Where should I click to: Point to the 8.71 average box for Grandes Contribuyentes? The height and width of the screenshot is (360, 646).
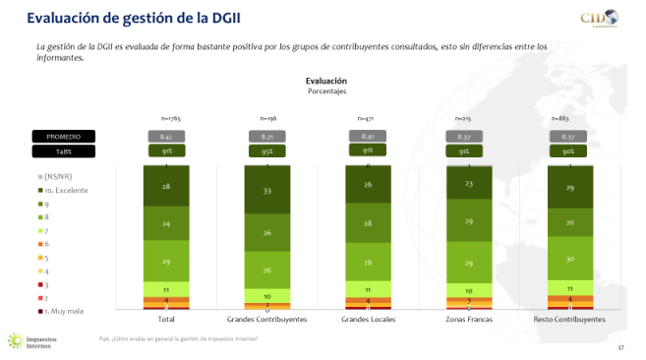pyautogui.click(x=266, y=136)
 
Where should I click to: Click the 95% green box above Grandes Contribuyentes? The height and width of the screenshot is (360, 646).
pyautogui.click(x=266, y=151)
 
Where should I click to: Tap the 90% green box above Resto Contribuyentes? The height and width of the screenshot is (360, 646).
pyautogui.click(x=567, y=151)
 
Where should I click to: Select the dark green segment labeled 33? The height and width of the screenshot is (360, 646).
pyautogui.click(x=266, y=192)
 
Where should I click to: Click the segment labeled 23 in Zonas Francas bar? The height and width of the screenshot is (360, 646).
pyautogui.click(x=467, y=184)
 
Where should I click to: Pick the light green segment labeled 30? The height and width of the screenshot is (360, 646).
pyautogui.click(x=567, y=259)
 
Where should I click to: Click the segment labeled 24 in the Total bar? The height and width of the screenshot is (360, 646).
pyautogui.click(x=166, y=224)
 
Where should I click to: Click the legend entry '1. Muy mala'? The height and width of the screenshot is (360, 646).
pyautogui.click(x=70, y=310)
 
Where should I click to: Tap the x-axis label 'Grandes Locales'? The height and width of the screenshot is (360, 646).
pyautogui.click(x=367, y=320)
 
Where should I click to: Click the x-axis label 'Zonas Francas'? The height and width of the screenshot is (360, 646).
pyautogui.click(x=467, y=320)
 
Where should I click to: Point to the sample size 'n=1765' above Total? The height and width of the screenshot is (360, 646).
pyautogui.click(x=166, y=118)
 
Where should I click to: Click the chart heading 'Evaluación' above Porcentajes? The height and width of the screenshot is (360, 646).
pyautogui.click(x=325, y=81)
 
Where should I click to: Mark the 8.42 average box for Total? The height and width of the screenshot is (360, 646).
pyautogui.click(x=166, y=136)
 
